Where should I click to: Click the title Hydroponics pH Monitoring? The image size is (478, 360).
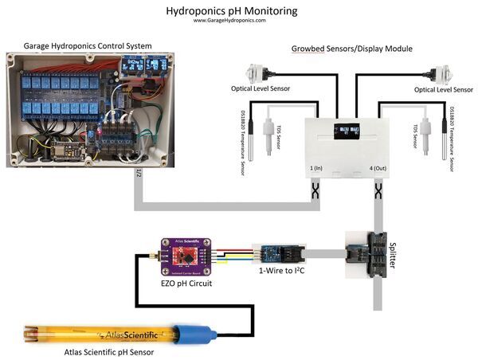pos(231,11)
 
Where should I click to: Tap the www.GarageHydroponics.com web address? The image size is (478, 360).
pos(230,22)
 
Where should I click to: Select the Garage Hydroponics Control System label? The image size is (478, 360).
pos(88,45)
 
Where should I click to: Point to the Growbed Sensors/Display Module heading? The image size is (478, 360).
pos(351,49)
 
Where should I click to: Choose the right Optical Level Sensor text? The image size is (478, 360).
pos(443,90)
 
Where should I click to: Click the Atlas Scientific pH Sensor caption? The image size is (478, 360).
pos(112,352)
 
